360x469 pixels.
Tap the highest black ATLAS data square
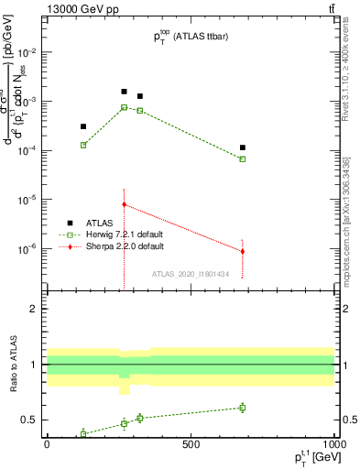(x=125, y=92)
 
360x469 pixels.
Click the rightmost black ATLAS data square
(x=243, y=147)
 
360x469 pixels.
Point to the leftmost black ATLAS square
(x=83, y=126)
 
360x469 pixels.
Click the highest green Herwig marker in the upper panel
(x=125, y=107)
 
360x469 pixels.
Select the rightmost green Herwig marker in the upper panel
(x=243, y=159)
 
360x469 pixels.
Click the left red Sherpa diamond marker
(x=125, y=204)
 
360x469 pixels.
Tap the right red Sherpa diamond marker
(x=243, y=251)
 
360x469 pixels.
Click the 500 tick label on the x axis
(x=191, y=444)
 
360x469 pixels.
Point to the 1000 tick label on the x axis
(x=333, y=444)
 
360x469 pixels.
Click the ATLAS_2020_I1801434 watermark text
(x=191, y=274)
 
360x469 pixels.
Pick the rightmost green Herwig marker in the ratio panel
(x=243, y=408)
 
